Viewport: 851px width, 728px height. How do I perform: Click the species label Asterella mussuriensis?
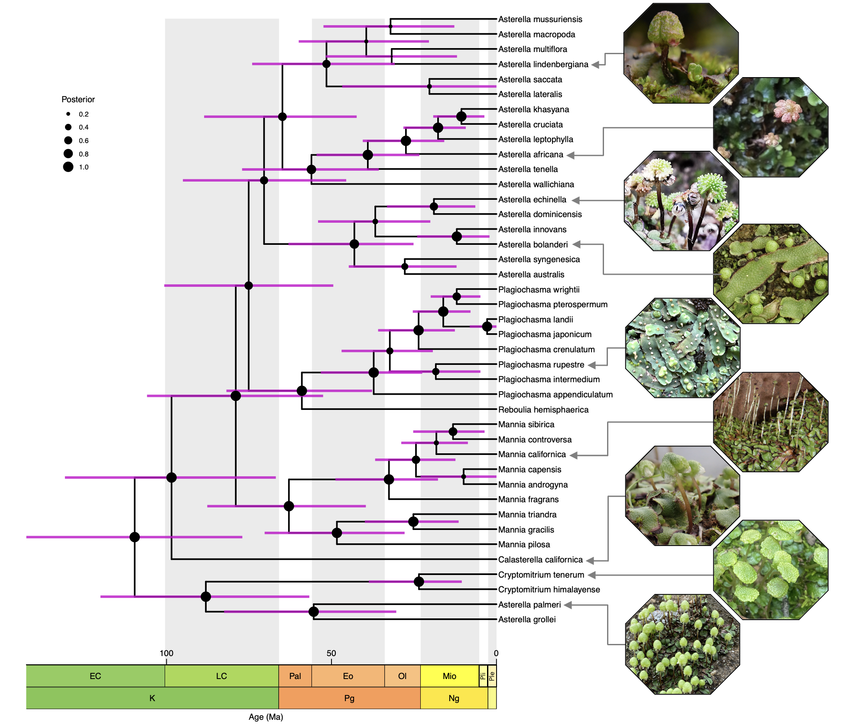pos(540,19)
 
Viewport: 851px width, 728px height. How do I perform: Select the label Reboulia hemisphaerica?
pos(543,409)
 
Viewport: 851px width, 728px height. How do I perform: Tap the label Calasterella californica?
pos(540,559)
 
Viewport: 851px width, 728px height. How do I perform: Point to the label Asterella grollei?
pos(527,620)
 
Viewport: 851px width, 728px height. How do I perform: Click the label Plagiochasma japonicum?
pos(545,335)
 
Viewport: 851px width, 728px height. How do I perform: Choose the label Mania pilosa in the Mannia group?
pos(524,545)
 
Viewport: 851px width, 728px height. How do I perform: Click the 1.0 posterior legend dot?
pos(68,167)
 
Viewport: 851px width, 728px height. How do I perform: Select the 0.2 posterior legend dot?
pos(68,114)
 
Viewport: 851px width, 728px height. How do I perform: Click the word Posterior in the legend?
pos(78,99)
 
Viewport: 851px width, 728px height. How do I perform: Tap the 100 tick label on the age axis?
pos(166,653)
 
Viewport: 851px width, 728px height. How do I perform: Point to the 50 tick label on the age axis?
pos(331,653)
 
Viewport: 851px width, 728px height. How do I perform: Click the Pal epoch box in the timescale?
pos(295,676)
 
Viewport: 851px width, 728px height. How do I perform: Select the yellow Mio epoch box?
pos(449,676)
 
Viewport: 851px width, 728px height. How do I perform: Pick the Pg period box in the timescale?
pos(349,698)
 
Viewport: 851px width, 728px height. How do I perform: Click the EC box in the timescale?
pos(95,676)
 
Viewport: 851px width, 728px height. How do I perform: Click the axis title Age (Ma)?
pos(266,717)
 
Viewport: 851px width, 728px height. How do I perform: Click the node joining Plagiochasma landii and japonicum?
pos(487,326)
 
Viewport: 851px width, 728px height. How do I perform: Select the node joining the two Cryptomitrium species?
pos(419,582)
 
